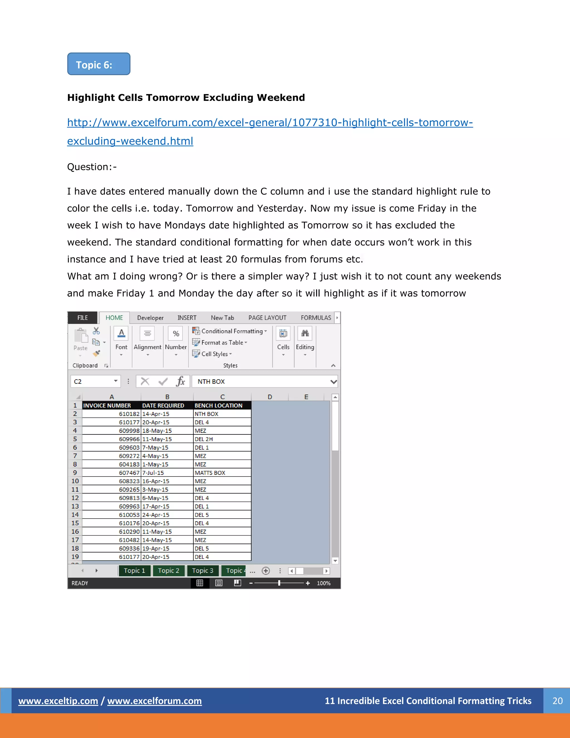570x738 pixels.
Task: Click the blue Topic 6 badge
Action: coord(99,64)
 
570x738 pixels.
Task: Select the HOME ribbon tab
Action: coord(114,318)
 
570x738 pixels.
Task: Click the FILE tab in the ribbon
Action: coord(82,318)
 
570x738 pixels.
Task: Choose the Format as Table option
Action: coord(220,343)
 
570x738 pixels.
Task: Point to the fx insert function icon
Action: coord(181,382)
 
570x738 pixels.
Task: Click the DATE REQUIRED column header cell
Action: coord(167,405)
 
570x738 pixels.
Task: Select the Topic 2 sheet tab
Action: coord(168,571)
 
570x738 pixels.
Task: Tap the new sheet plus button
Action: coord(266,571)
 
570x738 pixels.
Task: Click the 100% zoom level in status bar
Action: coord(323,583)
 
